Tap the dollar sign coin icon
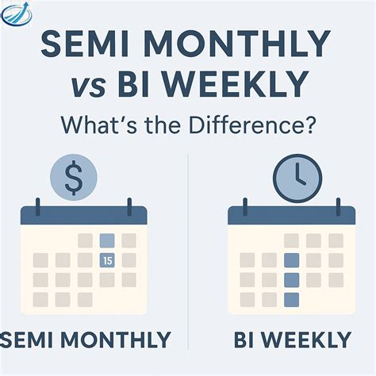[x=74, y=178]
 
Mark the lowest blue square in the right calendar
[x=291, y=298]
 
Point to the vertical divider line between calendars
[x=188, y=238]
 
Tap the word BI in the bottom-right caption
[x=246, y=340]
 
